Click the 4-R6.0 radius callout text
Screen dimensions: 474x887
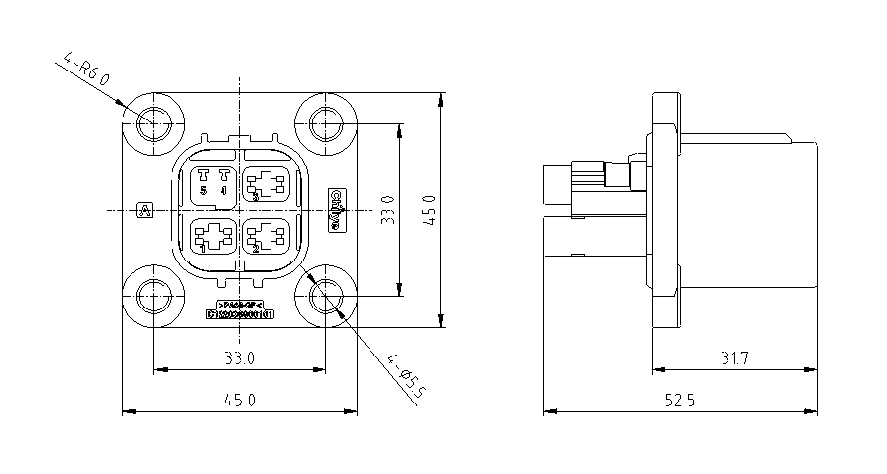(85, 76)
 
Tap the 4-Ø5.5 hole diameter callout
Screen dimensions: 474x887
(408, 377)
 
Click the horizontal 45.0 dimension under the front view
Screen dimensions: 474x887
(240, 400)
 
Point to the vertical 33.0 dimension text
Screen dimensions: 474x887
(388, 210)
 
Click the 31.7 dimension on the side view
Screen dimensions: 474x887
(733, 358)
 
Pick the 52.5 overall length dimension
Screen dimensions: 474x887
(678, 400)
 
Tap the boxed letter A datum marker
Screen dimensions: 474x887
(144, 210)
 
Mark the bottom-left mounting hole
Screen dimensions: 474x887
(154, 296)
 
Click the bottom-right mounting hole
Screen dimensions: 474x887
(325, 296)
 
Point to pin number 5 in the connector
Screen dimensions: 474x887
(204, 190)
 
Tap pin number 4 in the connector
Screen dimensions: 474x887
(223, 190)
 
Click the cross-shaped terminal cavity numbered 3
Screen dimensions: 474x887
(266, 183)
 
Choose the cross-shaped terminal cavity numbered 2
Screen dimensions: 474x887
(266, 236)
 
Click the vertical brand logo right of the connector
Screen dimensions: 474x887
(336, 210)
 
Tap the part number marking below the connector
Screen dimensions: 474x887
(239, 314)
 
